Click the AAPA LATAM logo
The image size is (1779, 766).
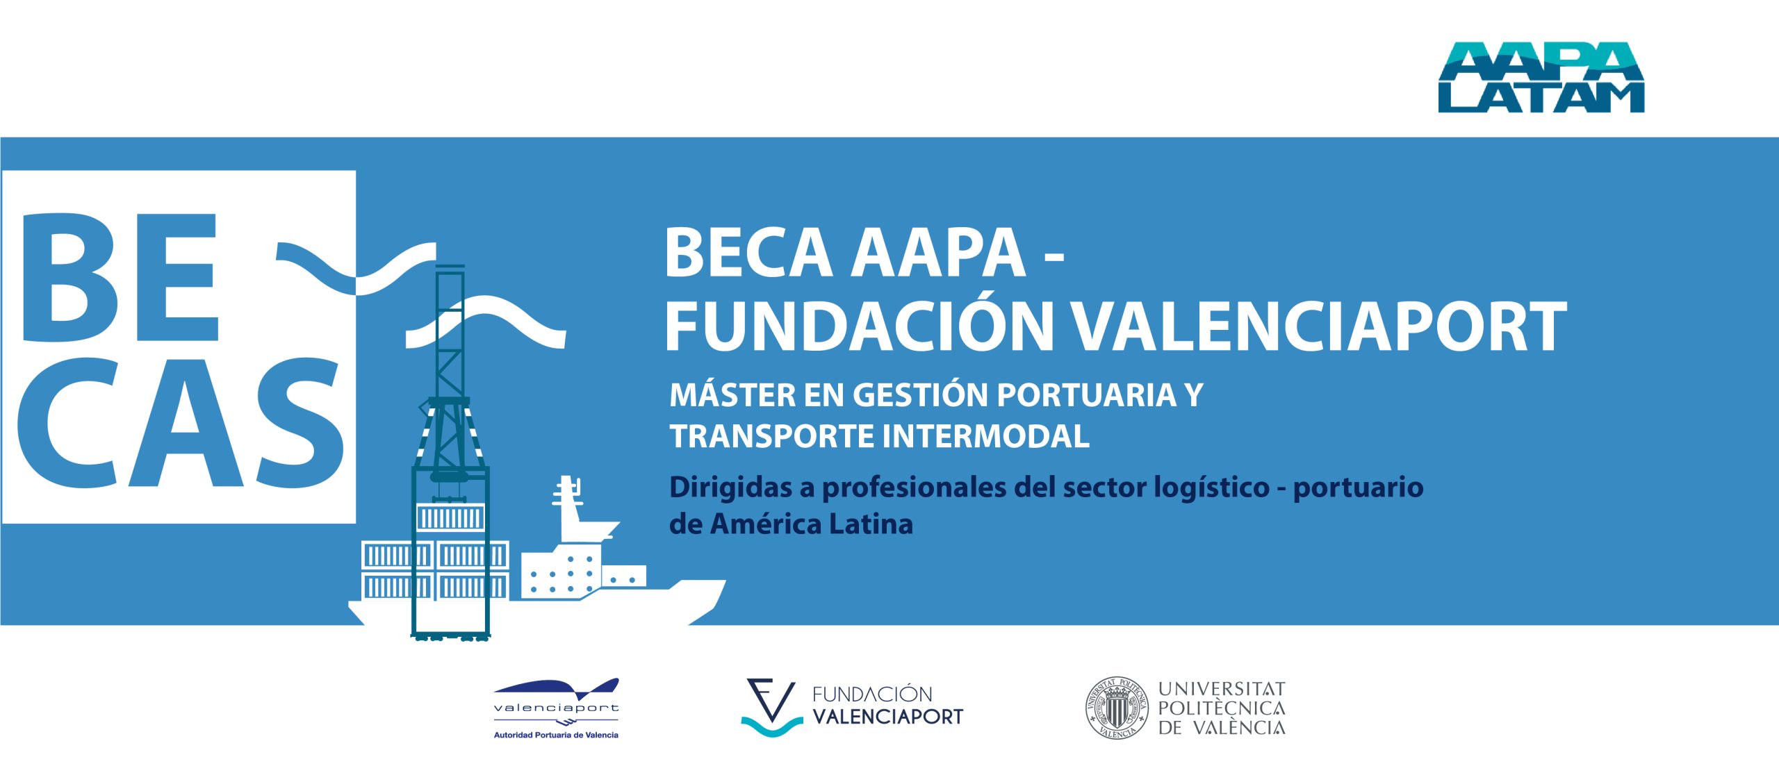tap(1541, 77)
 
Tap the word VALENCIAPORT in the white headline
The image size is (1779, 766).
tap(1318, 327)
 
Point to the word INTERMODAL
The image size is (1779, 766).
tap(985, 436)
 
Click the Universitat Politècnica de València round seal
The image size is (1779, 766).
tap(1117, 708)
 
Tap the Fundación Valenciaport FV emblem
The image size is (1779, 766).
tap(771, 707)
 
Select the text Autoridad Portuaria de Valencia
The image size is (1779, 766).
tap(556, 735)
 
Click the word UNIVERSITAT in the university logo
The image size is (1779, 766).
tap(1222, 689)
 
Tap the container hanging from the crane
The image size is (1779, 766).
tap(450, 517)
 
